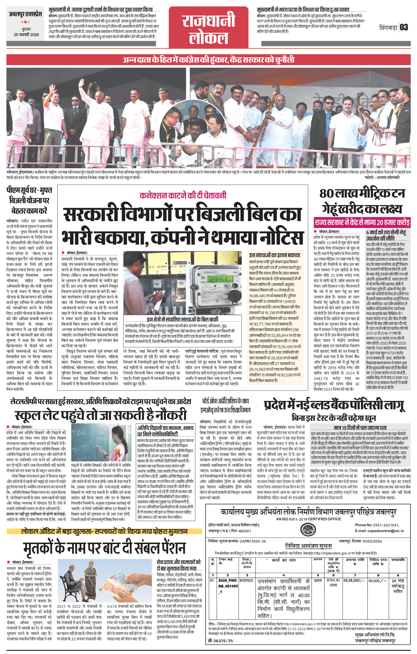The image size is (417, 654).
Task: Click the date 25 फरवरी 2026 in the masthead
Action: pos(26,35)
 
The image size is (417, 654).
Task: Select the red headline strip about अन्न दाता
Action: pos(209,59)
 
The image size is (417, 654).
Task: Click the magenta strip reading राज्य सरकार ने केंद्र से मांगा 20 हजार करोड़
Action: pos(362,222)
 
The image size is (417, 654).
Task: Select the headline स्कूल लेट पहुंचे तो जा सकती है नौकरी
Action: pos(101,415)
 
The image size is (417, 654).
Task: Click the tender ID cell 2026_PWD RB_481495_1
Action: pos(228,577)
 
